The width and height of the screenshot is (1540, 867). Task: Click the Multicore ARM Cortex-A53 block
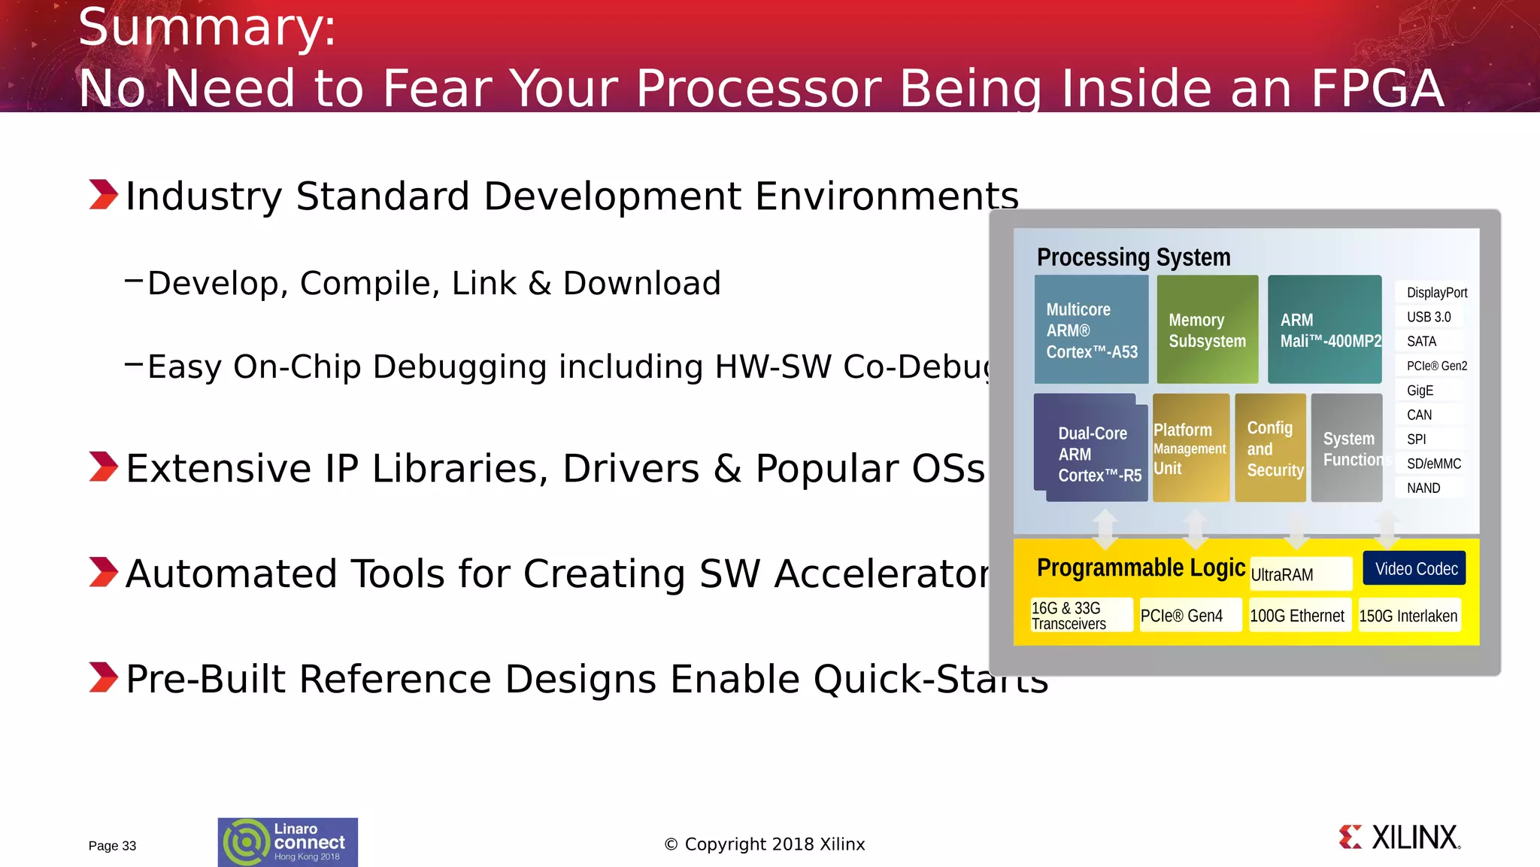(x=1091, y=330)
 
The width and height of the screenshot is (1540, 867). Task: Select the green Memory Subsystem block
(x=1207, y=330)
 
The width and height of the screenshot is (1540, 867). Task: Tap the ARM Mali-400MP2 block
(x=1324, y=330)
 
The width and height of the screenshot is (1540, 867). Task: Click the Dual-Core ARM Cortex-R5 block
(x=1091, y=450)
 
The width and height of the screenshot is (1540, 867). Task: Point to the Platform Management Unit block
(x=1191, y=449)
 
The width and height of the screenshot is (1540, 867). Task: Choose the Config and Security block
(x=1271, y=449)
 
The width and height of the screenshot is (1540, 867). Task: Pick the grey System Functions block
(x=1347, y=449)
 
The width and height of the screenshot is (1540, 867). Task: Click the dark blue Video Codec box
(x=1414, y=569)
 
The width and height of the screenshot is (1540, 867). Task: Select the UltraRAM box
(x=1300, y=574)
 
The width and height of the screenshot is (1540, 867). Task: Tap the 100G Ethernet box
(x=1299, y=616)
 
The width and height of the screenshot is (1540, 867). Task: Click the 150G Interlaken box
(x=1409, y=616)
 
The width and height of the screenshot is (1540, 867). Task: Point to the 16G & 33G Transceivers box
(x=1081, y=616)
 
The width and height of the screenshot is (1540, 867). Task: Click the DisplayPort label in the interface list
(x=1435, y=293)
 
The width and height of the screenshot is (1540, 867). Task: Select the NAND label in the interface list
(x=1423, y=488)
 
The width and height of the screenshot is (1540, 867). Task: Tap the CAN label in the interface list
(x=1420, y=415)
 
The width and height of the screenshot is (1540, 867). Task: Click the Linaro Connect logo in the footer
(x=288, y=842)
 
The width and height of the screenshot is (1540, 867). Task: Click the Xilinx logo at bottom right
(x=1399, y=838)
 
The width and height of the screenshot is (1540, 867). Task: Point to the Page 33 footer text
(x=112, y=846)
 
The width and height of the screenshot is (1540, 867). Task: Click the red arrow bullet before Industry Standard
(x=103, y=194)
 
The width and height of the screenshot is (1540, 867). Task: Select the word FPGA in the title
(x=1377, y=89)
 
